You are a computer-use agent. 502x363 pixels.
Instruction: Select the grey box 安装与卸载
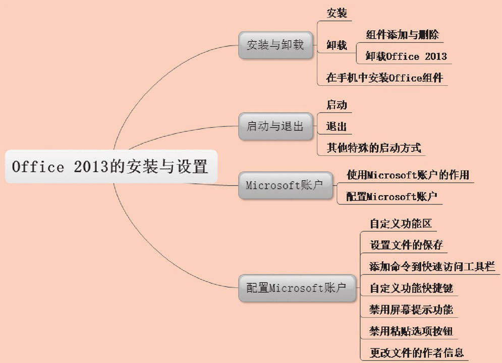(275, 45)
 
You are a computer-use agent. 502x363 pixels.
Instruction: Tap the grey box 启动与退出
(275, 127)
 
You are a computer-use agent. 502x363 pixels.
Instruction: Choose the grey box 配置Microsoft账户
(297, 288)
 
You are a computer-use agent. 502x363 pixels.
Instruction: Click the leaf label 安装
(337, 14)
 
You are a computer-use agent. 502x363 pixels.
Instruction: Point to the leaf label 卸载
(337, 45)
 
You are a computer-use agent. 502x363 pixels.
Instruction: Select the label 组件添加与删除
(402, 35)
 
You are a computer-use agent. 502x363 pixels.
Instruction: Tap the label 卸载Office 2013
(406, 56)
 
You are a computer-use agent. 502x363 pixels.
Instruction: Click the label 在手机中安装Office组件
(384, 78)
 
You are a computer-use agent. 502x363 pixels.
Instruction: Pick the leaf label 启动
(337, 105)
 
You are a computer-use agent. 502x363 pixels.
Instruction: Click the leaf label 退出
(337, 126)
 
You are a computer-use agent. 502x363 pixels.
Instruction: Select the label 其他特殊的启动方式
(373, 148)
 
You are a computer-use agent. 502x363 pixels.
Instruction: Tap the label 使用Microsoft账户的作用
(408, 175)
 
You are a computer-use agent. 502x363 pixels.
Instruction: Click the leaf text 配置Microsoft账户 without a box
(391, 197)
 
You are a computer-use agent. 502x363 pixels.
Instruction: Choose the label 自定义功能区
(399, 223)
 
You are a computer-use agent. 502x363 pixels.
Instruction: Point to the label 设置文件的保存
(406, 245)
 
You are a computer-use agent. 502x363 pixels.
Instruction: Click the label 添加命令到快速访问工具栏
(432, 266)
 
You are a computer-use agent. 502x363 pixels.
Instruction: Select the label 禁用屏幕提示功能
(411, 309)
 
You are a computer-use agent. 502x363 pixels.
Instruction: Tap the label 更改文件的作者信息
(416, 352)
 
